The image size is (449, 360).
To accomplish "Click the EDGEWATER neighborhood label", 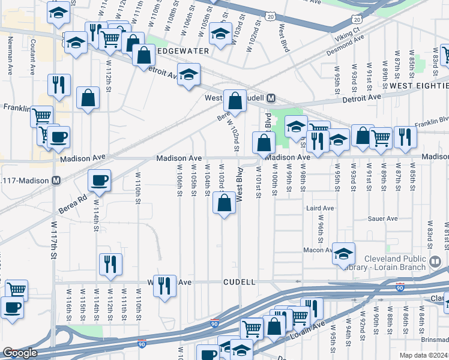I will (182, 52).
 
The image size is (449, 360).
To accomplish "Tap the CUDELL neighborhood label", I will (240, 281).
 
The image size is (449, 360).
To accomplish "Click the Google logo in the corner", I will (20, 353).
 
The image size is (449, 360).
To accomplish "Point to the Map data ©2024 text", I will (423, 355).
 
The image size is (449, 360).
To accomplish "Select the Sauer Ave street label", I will (385, 218).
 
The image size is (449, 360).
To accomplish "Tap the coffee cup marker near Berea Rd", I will (99, 179).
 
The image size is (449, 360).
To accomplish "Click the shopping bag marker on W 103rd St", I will (224, 203).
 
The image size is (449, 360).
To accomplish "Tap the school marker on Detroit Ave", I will (188, 75).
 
